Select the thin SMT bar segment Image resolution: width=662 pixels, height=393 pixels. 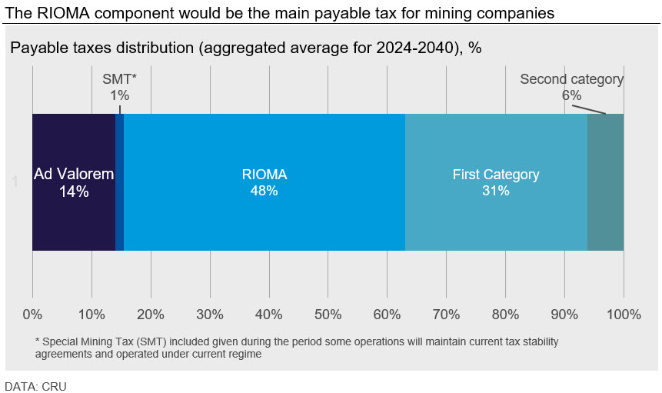(x=119, y=182)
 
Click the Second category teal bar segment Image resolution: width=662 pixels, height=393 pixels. (x=605, y=182)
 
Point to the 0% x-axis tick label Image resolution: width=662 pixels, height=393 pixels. (x=32, y=315)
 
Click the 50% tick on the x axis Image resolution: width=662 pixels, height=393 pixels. (x=328, y=315)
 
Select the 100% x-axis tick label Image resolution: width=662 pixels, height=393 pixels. (x=623, y=315)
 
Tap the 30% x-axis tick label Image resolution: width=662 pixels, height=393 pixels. (x=209, y=315)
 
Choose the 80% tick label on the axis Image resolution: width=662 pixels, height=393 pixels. (x=505, y=315)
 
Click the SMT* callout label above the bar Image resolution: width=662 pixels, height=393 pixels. (x=119, y=79)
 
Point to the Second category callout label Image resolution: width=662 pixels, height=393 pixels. (x=571, y=79)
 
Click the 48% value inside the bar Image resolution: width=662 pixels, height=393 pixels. (x=264, y=191)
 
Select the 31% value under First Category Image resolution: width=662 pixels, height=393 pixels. (x=496, y=191)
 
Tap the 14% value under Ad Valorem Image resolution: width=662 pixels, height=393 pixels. (x=74, y=192)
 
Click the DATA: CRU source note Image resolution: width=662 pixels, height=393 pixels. (x=36, y=386)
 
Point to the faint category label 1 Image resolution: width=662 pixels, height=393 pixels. (x=15, y=182)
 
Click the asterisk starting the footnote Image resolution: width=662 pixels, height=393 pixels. (x=38, y=341)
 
